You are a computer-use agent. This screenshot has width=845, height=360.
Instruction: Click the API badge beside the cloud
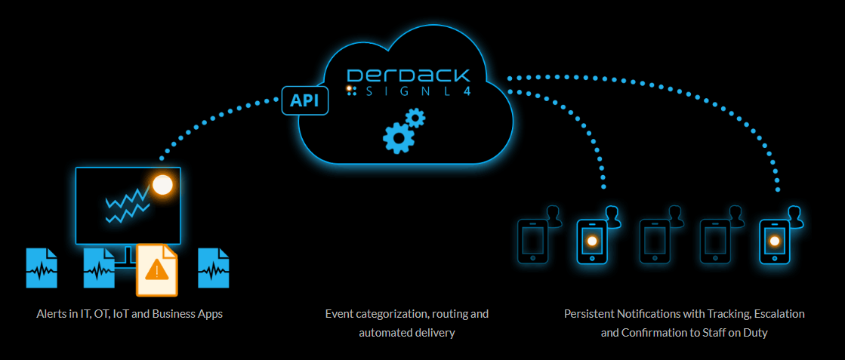click(305, 100)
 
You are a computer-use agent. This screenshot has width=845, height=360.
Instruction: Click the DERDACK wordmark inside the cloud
click(408, 75)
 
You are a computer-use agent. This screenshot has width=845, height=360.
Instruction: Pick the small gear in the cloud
click(415, 118)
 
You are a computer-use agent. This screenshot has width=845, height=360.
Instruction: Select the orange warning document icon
click(156, 270)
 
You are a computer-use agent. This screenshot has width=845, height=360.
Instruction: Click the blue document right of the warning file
click(214, 268)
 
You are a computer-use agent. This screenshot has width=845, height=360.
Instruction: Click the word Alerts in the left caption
click(51, 313)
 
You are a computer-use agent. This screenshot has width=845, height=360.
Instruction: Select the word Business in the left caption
click(172, 313)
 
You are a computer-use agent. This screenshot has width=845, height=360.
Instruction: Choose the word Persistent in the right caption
click(591, 313)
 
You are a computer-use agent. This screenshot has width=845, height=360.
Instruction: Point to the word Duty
click(754, 332)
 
